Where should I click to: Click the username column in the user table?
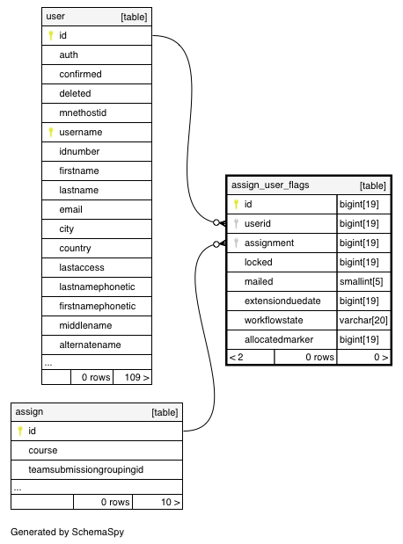[x=81, y=132]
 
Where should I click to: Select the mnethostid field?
[x=83, y=112]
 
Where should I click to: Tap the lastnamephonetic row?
[x=97, y=287]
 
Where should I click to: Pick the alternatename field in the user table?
[x=90, y=345]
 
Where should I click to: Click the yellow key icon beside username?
[x=51, y=132]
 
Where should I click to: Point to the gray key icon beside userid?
[x=236, y=223]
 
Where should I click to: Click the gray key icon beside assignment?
[x=236, y=243]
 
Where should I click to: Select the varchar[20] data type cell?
[x=363, y=320]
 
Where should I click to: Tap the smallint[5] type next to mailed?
[x=361, y=281]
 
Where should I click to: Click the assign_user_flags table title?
[x=270, y=185]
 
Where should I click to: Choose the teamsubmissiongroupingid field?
[x=86, y=470]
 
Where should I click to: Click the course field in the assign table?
[x=43, y=450]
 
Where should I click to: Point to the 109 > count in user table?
[x=137, y=377]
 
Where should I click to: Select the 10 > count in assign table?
[x=170, y=502]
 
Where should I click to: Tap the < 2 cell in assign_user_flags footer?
[x=236, y=357]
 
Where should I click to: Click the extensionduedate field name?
[x=282, y=301]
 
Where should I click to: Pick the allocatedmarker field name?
[x=279, y=339]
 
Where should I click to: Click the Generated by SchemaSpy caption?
[x=68, y=532]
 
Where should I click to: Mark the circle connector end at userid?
[x=216, y=222]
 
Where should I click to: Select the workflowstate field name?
[x=274, y=320]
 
